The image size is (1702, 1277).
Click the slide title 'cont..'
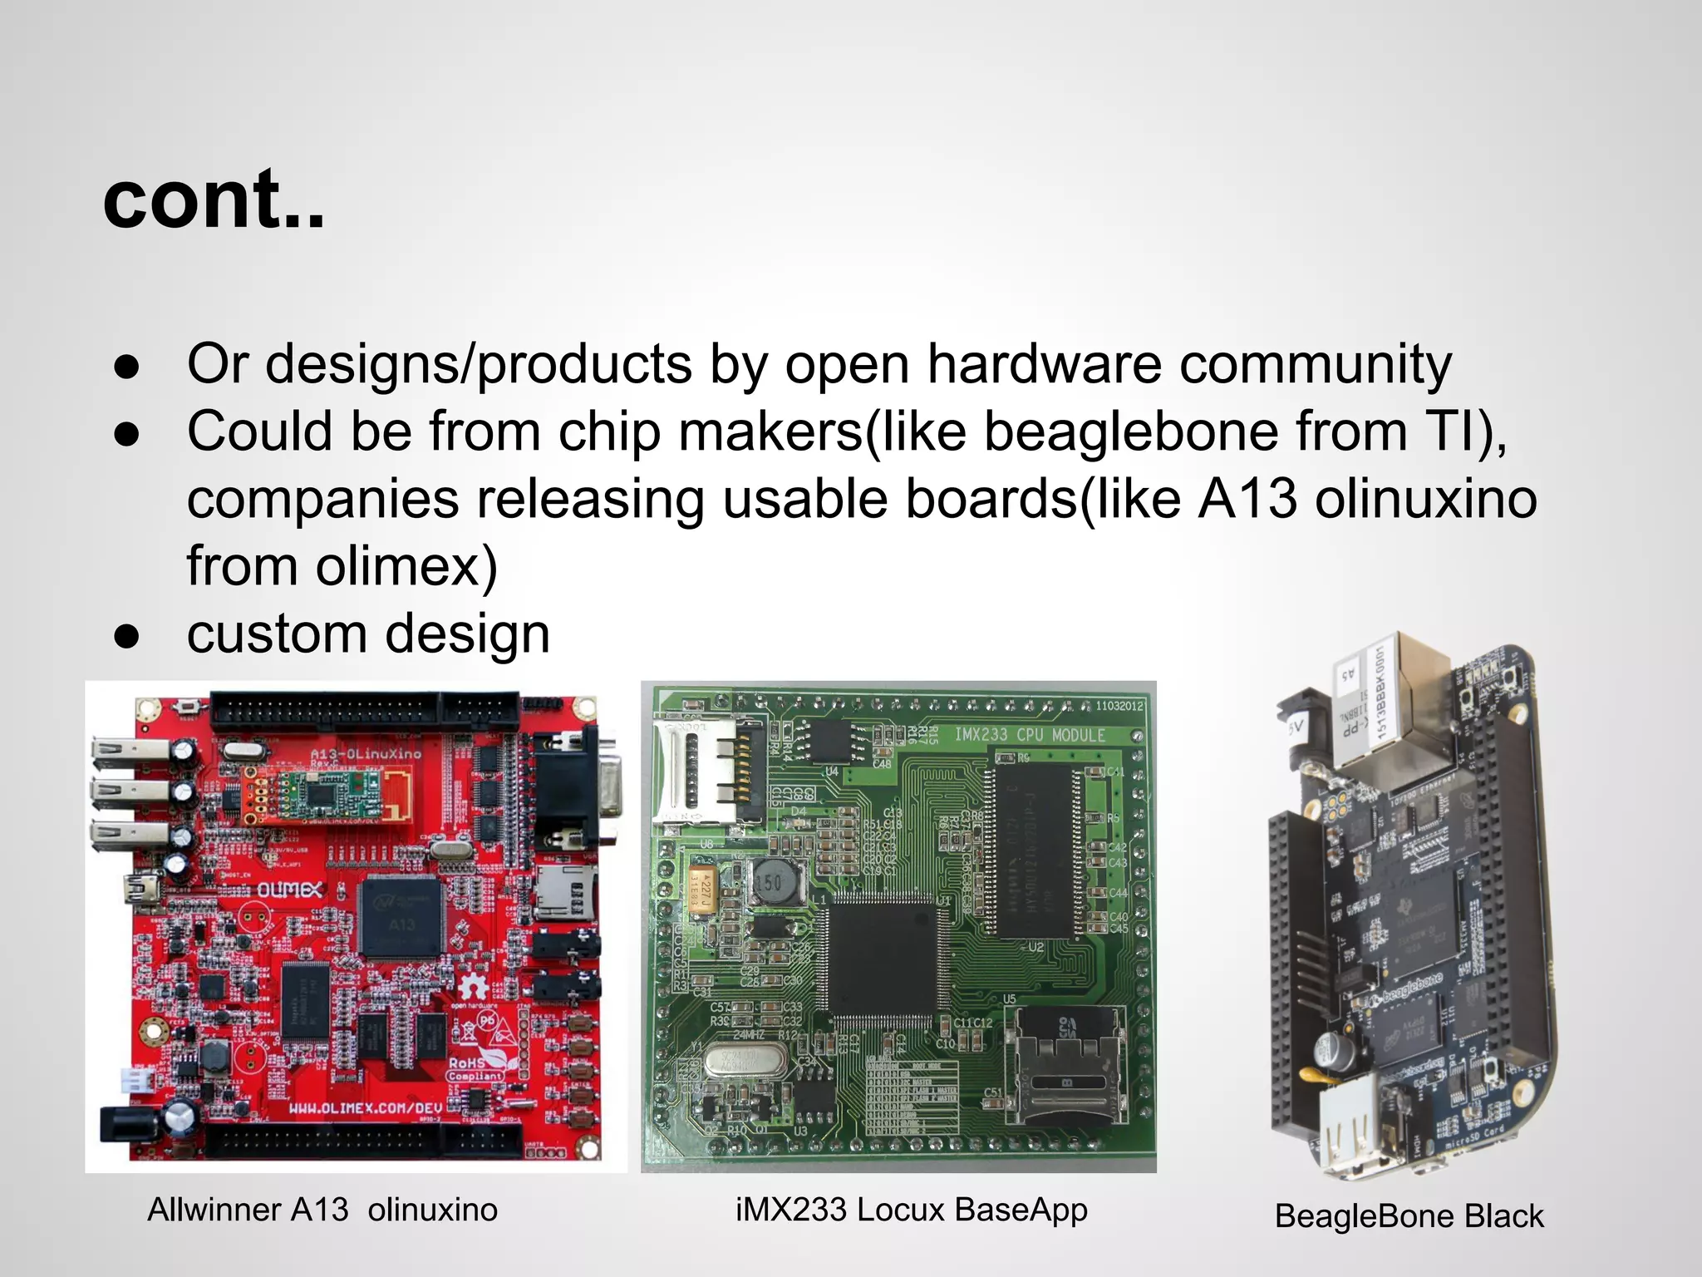214,200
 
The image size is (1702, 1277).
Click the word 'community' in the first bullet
1316,365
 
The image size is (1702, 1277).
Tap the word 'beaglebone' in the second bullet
1132,432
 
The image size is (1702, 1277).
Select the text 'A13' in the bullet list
1247,500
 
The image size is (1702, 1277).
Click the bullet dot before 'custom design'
126,637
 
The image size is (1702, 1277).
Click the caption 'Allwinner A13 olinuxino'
322,1210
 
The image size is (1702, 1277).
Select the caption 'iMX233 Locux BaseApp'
911,1210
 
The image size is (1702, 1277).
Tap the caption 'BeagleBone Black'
1409,1216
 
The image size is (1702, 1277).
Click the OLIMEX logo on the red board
288,890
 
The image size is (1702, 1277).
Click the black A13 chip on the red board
401,916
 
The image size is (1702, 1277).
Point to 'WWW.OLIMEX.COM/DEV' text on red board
366,1108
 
